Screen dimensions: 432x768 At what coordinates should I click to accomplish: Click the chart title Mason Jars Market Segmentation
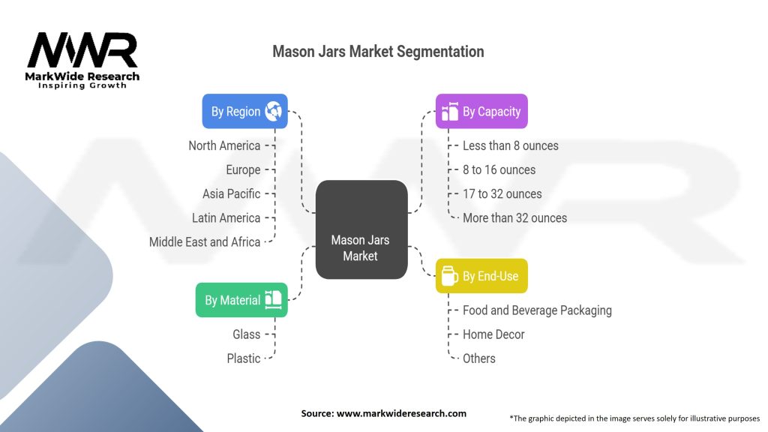point(378,52)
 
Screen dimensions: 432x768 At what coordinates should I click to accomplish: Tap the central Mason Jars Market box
point(361,247)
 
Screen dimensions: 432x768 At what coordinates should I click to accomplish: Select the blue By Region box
point(244,111)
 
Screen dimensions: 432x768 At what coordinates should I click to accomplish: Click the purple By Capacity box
point(481,111)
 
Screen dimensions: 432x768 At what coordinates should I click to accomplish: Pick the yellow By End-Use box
point(481,276)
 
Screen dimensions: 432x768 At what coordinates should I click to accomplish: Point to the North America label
point(224,145)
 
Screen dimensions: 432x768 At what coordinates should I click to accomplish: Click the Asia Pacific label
point(231,193)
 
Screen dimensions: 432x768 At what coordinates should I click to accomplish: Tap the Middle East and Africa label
point(205,241)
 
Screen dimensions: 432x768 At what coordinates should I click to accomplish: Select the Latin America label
point(226,217)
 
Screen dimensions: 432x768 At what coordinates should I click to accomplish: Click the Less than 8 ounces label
point(510,145)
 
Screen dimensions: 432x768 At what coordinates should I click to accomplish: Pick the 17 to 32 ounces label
point(502,193)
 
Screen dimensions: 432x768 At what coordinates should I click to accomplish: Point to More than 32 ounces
point(514,217)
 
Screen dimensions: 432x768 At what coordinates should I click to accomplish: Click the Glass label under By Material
point(246,334)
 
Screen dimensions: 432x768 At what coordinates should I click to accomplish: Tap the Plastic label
point(244,358)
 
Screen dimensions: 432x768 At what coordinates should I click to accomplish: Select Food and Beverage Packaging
point(537,310)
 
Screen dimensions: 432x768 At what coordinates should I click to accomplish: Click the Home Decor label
point(493,334)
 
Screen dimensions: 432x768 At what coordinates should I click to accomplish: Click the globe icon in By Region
point(274,111)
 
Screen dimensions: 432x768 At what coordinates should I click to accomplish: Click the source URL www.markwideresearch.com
point(400,413)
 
